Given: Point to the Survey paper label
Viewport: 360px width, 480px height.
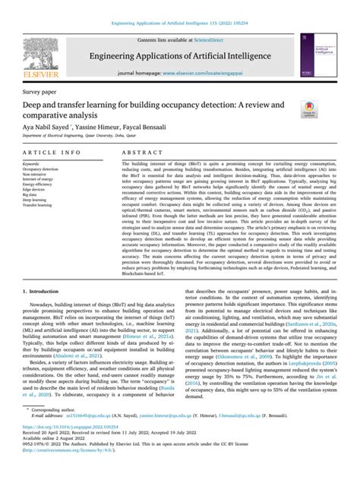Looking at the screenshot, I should pyautogui.click(x=40, y=93).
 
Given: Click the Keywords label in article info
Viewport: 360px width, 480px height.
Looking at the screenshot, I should pyautogui.click(x=35, y=163).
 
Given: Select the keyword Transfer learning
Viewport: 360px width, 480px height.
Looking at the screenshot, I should pyautogui.click(x=41, y=206).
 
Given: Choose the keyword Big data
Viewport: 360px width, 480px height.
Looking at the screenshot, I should pyautogui.click(x=33, y=194).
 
